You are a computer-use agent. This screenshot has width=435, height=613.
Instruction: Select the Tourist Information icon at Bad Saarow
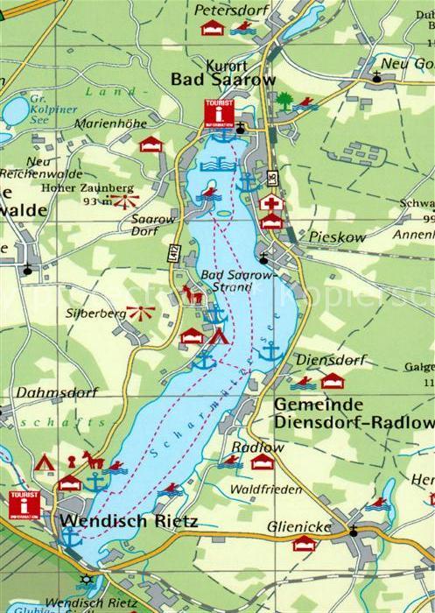219,114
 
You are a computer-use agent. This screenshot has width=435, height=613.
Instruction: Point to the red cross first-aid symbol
271,203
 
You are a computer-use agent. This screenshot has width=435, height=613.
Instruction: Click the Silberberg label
91,312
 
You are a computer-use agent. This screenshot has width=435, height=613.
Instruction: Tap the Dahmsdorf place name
56,392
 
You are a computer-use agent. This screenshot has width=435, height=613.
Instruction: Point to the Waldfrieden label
265,489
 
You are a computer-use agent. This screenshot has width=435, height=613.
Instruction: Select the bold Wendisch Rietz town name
129,522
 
